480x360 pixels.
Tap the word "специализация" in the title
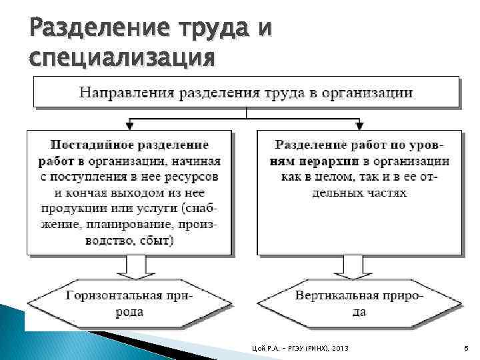(123, 58)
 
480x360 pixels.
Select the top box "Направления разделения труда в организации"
(246, 92)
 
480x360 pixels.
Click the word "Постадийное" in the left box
(89, 145)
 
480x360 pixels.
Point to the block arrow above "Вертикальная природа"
(360, 267)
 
